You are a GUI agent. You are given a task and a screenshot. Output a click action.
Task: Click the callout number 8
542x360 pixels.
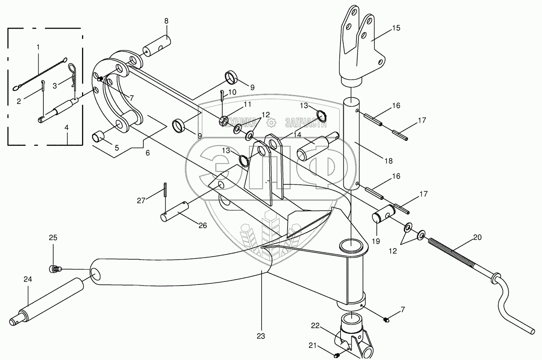(166, 21)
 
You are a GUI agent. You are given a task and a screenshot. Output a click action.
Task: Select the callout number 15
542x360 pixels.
(395, 28)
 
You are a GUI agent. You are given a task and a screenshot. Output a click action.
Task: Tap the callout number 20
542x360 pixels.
(477, 237)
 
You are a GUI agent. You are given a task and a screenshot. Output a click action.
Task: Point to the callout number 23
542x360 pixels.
(260, 336)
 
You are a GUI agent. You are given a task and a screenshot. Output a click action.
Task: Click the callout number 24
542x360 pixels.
(27, 279)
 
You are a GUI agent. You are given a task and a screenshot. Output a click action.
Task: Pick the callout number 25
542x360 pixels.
(53, 238)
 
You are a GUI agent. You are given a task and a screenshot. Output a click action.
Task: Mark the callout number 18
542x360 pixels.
(388, 161)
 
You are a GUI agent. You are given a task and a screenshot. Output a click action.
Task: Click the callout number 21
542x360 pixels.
(313, 345)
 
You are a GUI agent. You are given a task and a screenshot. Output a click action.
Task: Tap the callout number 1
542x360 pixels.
(38, 47)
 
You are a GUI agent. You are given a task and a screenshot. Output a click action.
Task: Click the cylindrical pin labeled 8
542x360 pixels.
(157, 47)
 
